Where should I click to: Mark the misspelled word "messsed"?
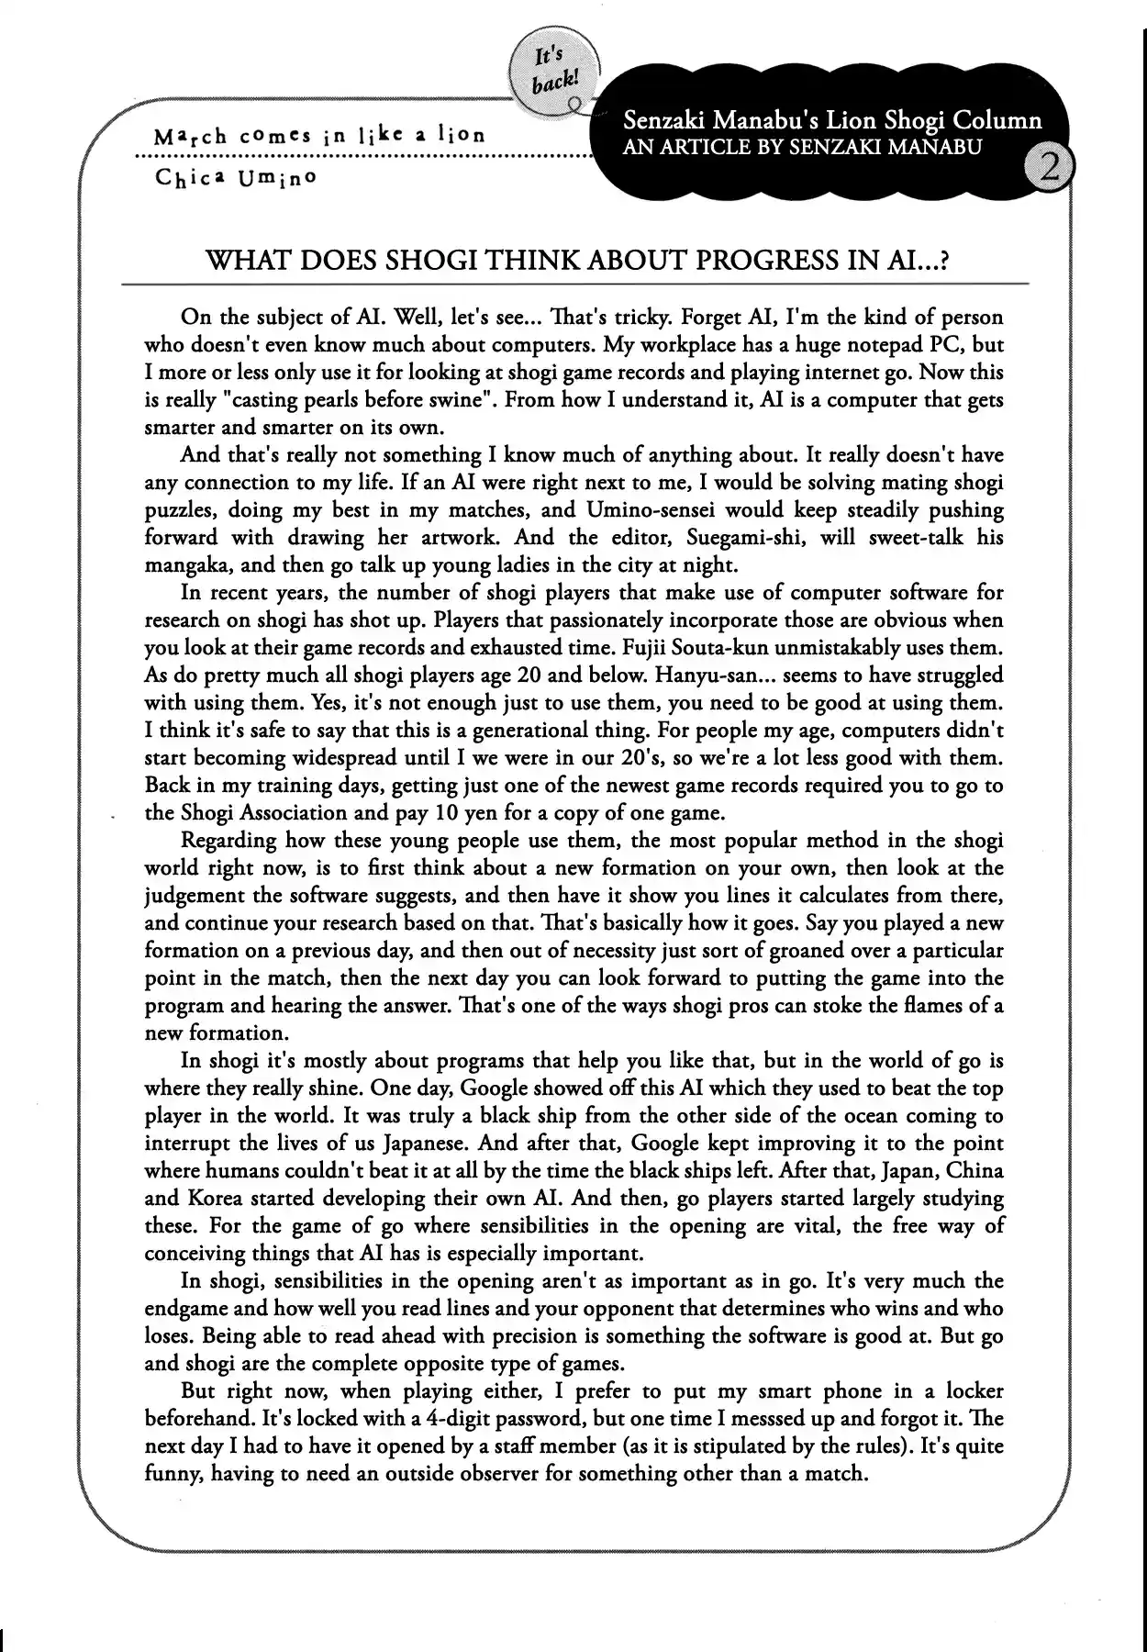tap(788, 1419)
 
